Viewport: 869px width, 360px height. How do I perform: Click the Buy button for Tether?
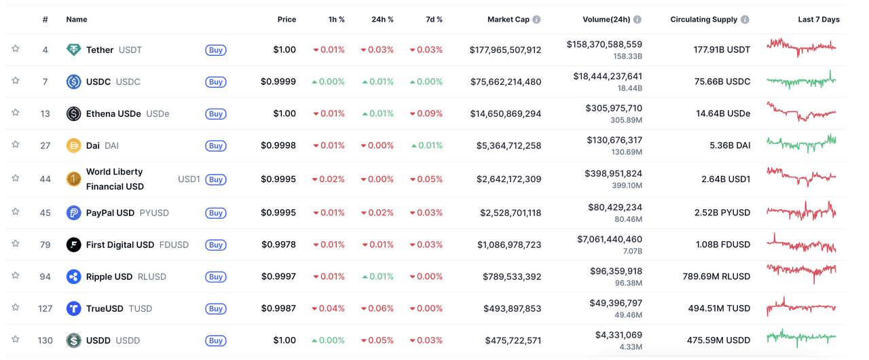tap(216, 50)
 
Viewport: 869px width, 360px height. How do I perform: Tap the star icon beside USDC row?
tap(16, 81)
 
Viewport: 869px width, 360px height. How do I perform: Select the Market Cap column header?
tap(508, 20)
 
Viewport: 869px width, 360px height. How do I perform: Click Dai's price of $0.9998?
tap(278, 145)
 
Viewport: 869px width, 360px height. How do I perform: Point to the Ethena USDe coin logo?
tap(73, 113)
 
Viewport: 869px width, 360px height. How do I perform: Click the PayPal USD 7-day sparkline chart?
tap(801, 211)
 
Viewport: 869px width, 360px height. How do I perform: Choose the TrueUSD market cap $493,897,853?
tap(513, 308)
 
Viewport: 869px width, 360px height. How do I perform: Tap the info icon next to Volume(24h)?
tap(637, 20)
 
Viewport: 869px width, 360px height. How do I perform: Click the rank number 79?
tap(45, 245)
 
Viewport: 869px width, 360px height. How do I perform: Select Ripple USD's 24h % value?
tap(377, 276)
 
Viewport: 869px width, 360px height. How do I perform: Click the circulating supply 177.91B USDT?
tap(722, 50)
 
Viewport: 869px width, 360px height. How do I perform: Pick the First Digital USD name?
tap(119, 245)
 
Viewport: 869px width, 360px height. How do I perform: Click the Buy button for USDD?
tap(216, 341)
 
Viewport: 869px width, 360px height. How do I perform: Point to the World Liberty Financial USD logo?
tap(73, 179)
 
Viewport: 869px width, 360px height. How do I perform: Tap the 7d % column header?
tap(434, 20)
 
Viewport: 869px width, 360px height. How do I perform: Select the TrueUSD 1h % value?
tap(329, 308)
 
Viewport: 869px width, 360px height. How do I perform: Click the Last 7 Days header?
tap(818, 20)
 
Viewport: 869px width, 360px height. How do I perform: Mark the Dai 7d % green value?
tap(427, 145)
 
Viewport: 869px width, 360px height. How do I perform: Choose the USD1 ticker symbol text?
tap(189, 179)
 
